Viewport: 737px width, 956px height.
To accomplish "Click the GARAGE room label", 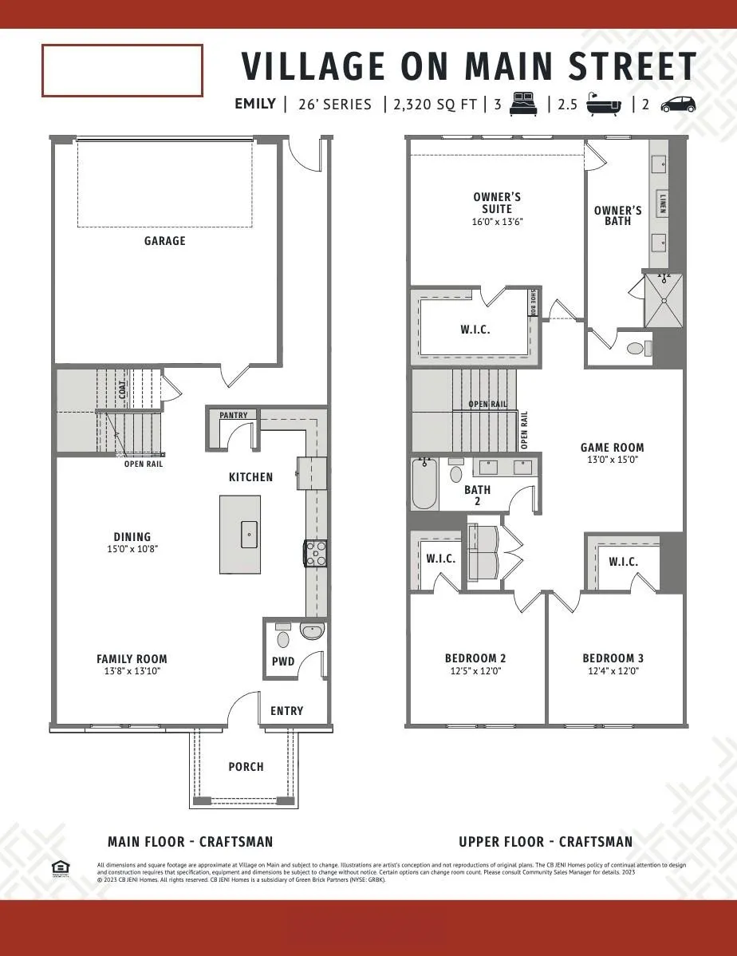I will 164,240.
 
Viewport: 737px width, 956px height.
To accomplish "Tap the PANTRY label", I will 233,415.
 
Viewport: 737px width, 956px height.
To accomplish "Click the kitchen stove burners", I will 316,553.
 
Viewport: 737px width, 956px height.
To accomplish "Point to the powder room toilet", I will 282,638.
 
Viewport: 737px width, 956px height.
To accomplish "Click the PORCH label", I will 246,767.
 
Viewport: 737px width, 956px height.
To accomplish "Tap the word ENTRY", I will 286,711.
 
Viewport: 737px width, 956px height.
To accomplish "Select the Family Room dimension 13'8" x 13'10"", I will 132,672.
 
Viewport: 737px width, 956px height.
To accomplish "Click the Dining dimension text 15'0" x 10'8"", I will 132,550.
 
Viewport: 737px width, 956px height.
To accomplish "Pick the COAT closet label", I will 122,389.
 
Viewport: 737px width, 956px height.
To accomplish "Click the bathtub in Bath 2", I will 424,484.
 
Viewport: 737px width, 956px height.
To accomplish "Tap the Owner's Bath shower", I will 664,301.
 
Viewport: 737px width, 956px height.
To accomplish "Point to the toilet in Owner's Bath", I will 639,348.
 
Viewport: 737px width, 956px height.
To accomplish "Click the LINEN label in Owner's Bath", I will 662,203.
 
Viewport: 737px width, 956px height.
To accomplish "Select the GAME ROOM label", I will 612,448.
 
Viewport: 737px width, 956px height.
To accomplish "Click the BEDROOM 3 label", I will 613,658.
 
